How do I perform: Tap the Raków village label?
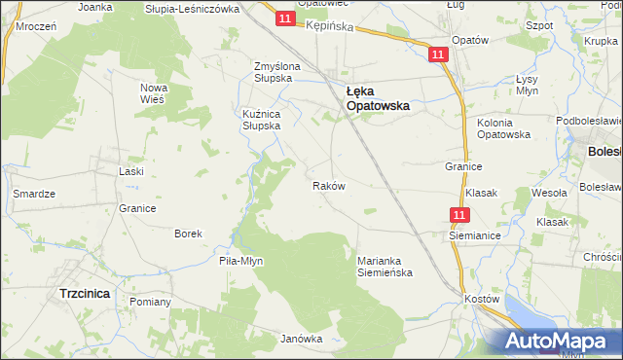(x=327, y=185)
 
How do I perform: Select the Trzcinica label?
(x=84, y=293)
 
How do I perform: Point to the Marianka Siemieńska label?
(x=385, y=266)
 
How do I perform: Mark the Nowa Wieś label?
(x=154, y=93)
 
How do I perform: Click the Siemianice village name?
(x=472, y=235)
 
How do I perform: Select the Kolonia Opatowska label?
(x=503, y=128)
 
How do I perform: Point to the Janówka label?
(x=301, y=339)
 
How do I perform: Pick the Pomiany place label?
(x=150, y=302)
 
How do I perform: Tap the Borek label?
(x=188, y=234)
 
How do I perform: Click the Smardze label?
(x=33, y=194)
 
